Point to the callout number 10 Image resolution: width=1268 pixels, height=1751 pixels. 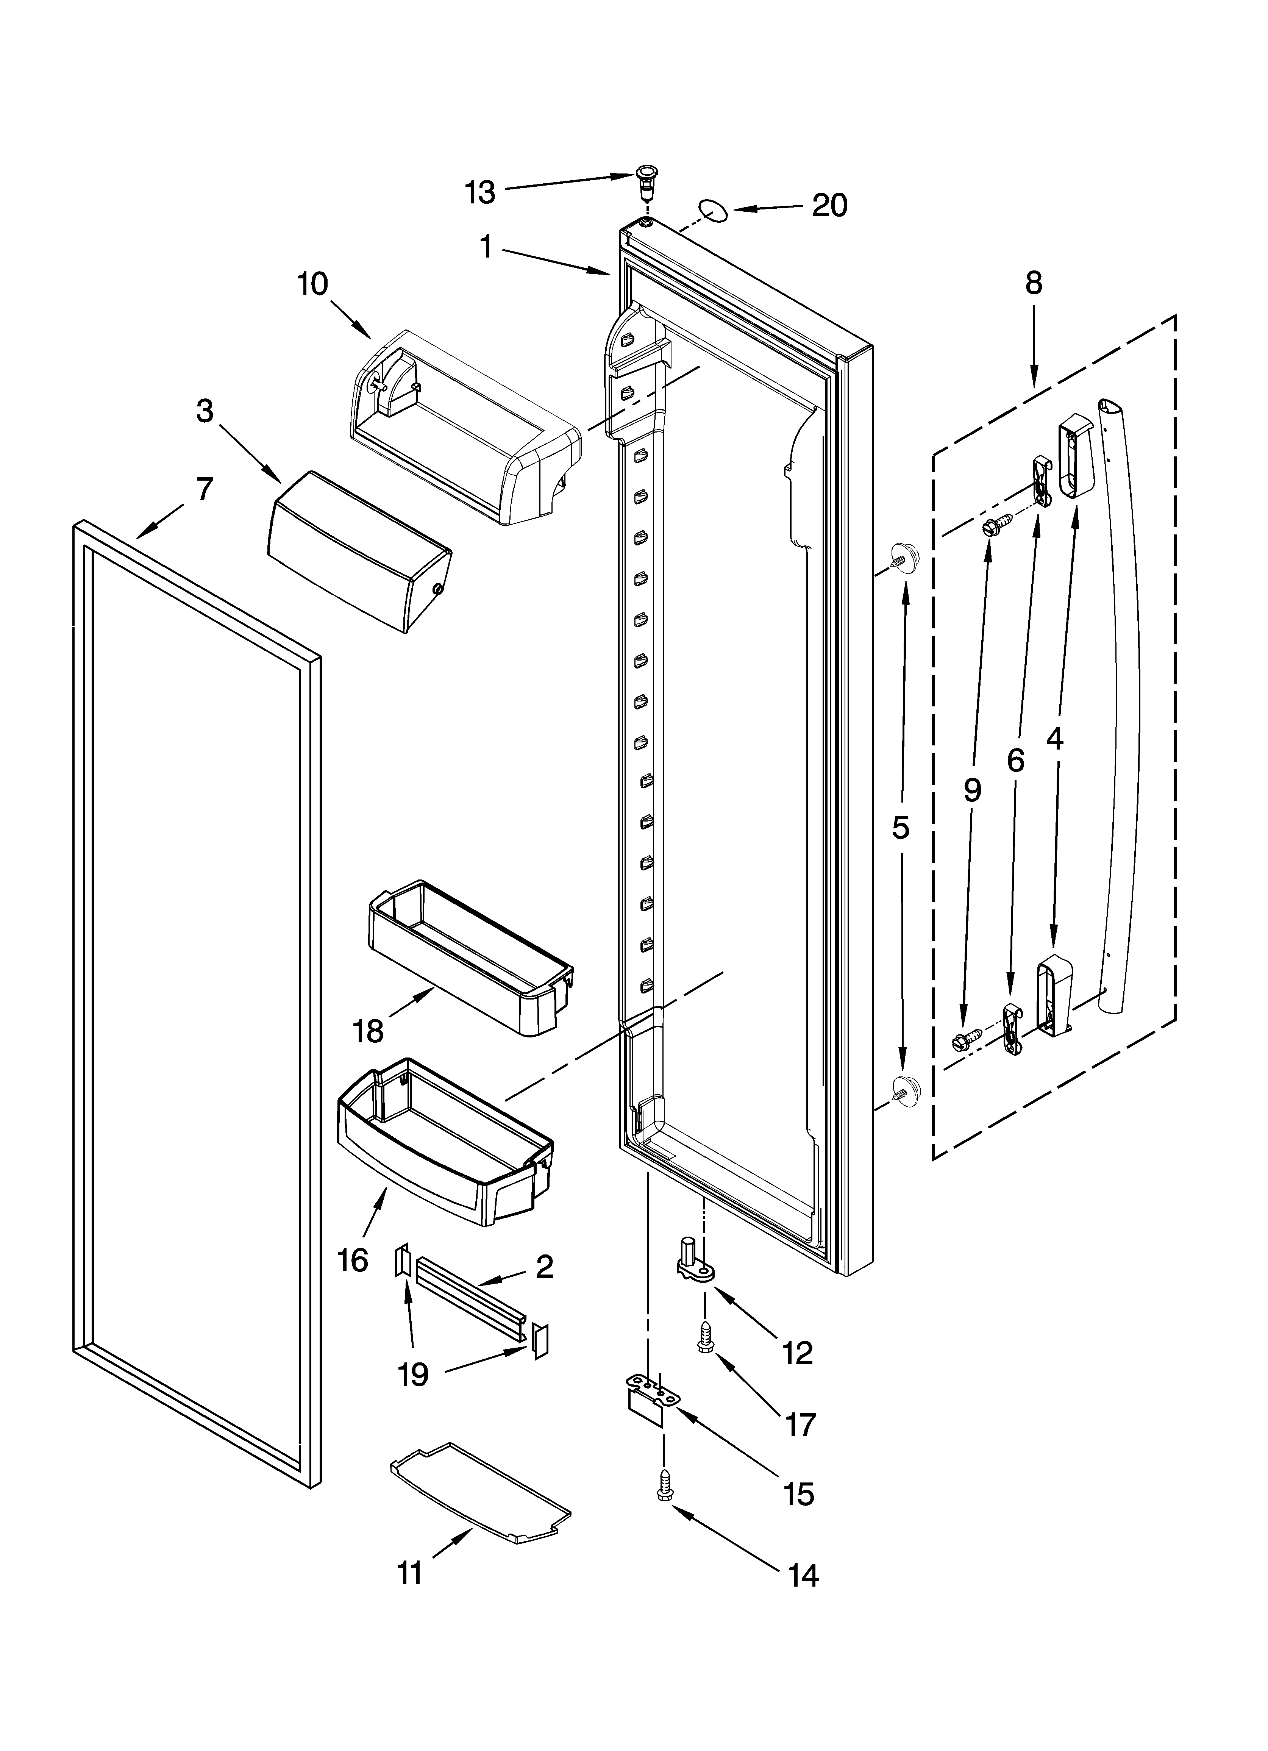313,284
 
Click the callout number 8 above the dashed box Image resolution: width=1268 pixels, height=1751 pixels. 1033,284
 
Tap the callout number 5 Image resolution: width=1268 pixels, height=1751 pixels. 900,828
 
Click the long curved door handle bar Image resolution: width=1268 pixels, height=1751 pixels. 1124,695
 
